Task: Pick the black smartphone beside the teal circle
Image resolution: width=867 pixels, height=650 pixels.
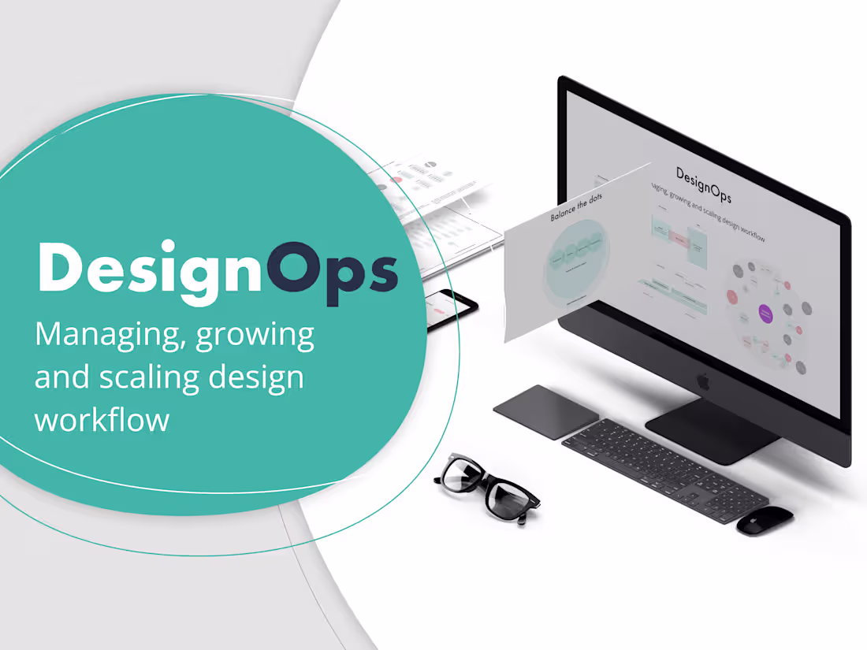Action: pyautogui.click(x=452, y=310)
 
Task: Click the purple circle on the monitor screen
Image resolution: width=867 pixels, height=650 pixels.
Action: pyautogui.click(x=764, y=314)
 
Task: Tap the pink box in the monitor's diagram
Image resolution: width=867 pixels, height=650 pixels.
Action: pyautogui.click(x=679, y=237)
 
